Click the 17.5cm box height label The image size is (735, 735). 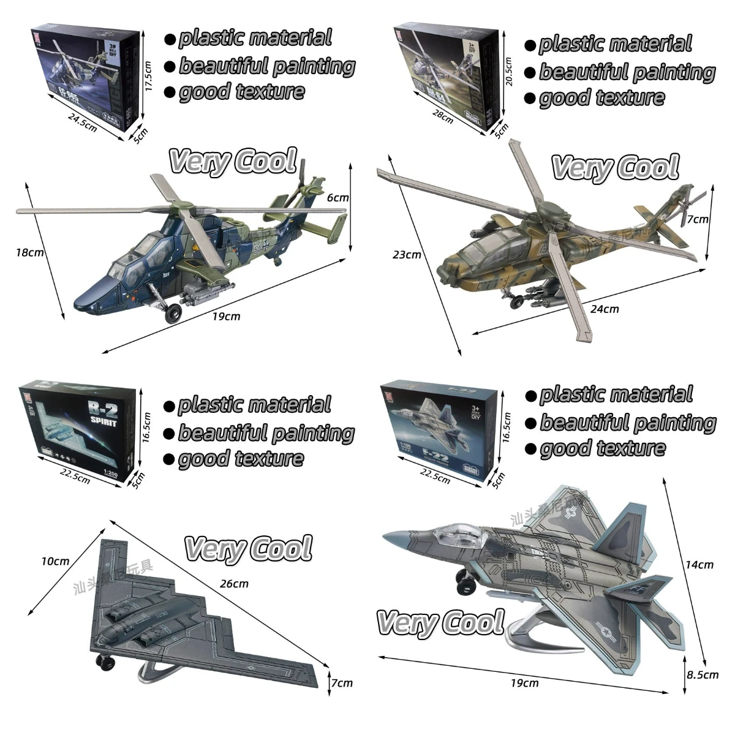(148, 75)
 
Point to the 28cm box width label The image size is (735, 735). (443, 116)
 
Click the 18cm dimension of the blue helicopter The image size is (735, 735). (29, 252)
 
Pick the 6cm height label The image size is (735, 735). (337, 198)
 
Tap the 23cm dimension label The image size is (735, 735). (407, 254)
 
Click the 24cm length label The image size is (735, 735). (605, 309)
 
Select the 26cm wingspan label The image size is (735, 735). (234, 583)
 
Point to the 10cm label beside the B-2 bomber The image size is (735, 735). (56, 561)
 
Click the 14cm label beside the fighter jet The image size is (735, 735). (699, 564)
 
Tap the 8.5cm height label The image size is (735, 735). (702, 674)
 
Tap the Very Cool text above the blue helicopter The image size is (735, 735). (233, 161)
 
